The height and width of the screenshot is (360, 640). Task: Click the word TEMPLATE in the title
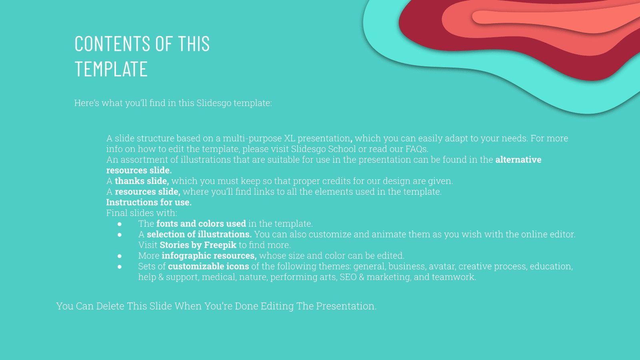tap(111, 69)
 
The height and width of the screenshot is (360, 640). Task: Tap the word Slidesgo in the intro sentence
tap(214, 103)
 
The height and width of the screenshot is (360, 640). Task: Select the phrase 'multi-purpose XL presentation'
tap(286, 138)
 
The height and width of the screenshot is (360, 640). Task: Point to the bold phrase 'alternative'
tap(518, 160)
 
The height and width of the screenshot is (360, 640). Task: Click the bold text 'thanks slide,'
tap(142, 181)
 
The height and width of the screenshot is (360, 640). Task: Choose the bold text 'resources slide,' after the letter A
tap(147, 192)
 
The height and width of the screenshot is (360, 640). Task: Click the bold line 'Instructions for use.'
tap(149, 202)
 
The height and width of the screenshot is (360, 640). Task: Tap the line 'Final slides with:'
tap(142, 213)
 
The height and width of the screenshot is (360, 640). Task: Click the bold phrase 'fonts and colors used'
tap(201, 224)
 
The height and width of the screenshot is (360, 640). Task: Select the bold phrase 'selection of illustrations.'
tap(199, 234)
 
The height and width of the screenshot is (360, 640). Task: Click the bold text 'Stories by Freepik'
tap(198, 245)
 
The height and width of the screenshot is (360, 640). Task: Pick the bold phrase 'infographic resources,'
tap(209, 256)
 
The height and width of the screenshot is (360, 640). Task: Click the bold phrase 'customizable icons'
tap(208, 266)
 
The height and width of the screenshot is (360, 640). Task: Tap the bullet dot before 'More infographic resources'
tap(120, 256)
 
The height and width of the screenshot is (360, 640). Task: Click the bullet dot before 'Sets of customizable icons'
tap(120, 267)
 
